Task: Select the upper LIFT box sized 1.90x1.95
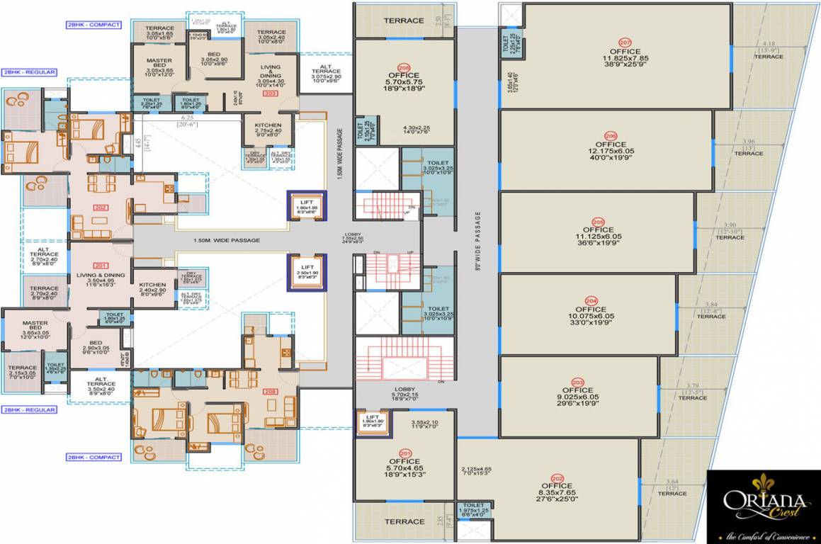[307, 206]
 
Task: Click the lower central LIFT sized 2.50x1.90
[307, 272]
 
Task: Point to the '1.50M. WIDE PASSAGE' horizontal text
[226, 241]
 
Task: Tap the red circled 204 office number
[591, 300]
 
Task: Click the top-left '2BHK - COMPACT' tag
[94, 25]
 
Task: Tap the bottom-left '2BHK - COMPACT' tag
[94, 458]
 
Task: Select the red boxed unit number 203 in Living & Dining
[270, 93]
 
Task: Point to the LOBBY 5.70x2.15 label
[404, 393]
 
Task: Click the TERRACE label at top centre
[404, 21]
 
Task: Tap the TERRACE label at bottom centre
[404, 522]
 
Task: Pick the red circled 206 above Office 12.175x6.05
[611, 135]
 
